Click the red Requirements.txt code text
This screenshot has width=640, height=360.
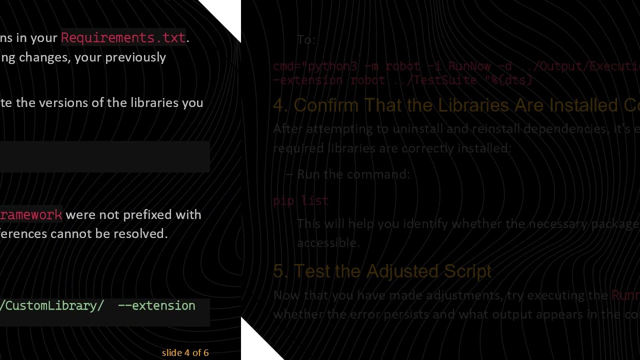point(123,37)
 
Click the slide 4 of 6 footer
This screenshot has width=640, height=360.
point(185,353)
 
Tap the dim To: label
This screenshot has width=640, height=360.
point(306,40)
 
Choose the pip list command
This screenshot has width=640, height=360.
point(300,201)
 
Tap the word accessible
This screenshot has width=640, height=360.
point(327,242)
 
